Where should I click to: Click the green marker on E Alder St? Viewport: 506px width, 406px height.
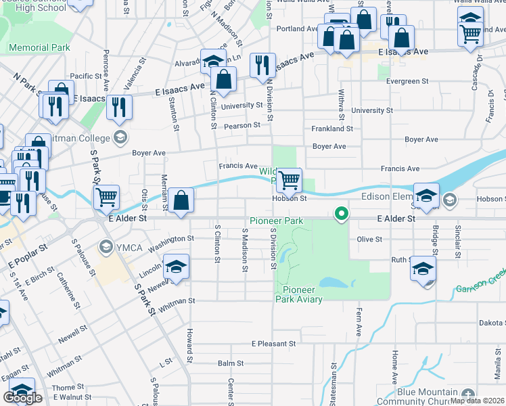(342, 214)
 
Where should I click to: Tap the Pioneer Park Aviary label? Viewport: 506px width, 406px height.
(298, 294)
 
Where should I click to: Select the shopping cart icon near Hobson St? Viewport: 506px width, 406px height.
(289, 180)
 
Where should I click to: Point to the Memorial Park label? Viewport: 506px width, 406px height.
(39, 48)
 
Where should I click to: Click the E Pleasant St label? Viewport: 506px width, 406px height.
(274, 344)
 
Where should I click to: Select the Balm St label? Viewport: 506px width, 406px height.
(226, 363)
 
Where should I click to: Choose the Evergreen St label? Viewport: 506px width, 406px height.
(407, 81)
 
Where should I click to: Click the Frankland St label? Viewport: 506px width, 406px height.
(332, 129)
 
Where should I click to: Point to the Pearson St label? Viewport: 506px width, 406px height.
(243, 125)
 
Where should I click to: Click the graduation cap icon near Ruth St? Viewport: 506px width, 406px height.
(423, 269)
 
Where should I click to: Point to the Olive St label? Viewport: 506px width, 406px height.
(369, 240)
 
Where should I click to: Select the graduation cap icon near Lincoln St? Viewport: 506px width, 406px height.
(176, 267)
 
